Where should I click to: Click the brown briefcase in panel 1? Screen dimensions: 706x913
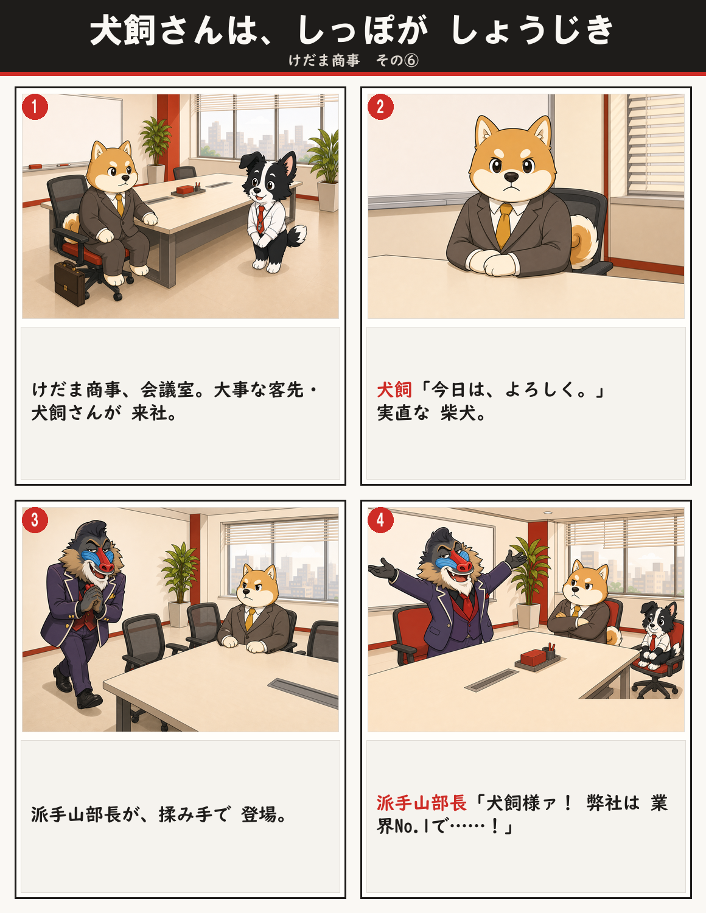pos(70,283)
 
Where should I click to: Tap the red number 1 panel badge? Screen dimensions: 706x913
pos(35,107)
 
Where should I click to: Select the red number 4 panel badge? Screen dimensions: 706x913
pos(380,520)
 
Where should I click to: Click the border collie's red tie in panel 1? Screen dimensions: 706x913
pos(261,218)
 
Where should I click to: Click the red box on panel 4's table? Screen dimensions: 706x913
pos(533,657)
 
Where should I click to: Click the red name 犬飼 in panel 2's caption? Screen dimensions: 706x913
pos(394,390)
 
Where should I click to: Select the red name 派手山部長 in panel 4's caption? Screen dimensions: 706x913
pos(421,803)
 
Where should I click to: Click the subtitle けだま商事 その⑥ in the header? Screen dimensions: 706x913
pos(354,60)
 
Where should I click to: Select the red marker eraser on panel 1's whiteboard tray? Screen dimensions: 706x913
pos(35,166)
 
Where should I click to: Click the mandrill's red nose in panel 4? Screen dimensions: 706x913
pos(461,562)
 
